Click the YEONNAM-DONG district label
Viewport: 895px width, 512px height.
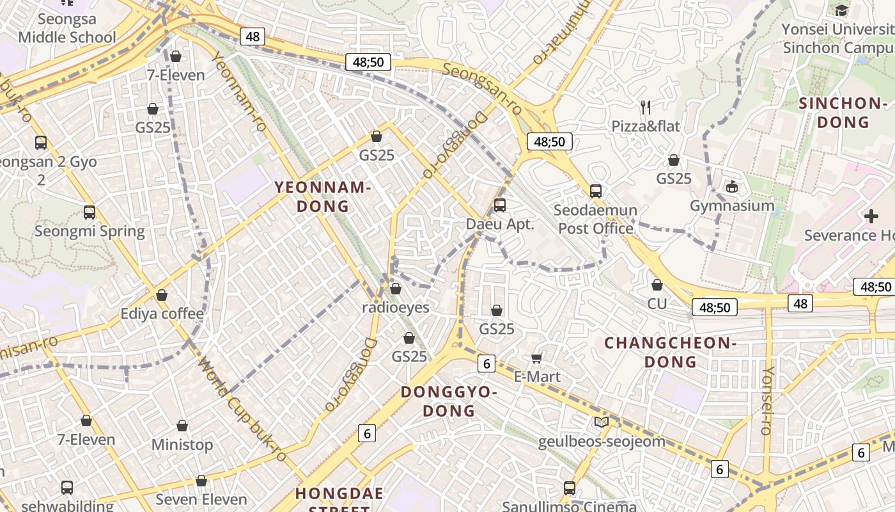(323, 196)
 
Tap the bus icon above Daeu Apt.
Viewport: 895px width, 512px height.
(500, 205)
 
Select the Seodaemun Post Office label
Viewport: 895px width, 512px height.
(596, 219)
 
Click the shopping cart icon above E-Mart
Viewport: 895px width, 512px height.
(537, 358)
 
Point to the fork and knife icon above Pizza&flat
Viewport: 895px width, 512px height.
(646, 107)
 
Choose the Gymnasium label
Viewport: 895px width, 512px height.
(732, 206)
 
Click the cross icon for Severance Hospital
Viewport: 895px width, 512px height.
(871, 216)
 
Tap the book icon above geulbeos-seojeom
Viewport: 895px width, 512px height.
(602, 422)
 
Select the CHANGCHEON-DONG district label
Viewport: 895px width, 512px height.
(671, 352)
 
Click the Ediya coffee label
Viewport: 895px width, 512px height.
(162, 314)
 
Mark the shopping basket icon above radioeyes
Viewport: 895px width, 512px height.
(396, 289)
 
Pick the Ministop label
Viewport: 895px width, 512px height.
(182, 445)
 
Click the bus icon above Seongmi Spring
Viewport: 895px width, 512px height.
(89, 212)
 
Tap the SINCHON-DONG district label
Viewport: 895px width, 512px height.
(844, 113)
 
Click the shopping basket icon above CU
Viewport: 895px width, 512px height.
(657, 285)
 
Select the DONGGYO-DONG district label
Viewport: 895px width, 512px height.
(447, 401)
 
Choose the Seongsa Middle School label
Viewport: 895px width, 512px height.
(67, 28)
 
